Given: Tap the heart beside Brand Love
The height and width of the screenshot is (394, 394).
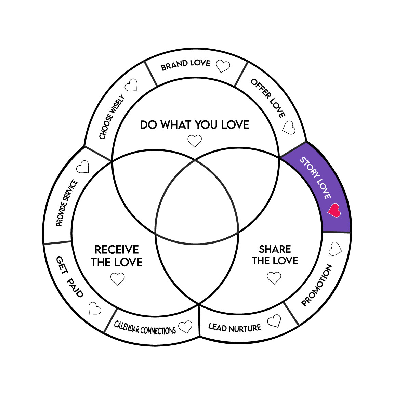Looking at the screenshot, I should click(223, 66).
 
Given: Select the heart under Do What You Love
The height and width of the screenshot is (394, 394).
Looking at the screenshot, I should click(195, 141).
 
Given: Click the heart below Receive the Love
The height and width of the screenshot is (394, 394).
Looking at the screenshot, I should click(118, 278).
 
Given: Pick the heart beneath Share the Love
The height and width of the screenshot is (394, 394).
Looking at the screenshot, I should click(274, 278).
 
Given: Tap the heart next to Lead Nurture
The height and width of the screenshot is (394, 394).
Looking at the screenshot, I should click(274, 321).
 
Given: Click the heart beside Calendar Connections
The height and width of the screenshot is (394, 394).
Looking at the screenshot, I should click(185, 327).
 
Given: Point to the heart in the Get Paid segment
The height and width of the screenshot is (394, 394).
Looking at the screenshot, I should click(94, 308).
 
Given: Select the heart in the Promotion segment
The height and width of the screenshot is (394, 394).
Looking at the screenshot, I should click(335, 249).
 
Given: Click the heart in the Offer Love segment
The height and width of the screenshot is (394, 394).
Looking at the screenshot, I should click(289, 128).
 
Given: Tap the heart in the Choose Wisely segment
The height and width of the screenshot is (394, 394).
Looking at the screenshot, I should click(131, 85).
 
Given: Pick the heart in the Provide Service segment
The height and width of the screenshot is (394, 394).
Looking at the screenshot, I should click(83, 167).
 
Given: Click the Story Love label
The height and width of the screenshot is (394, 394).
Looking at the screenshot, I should click(315, 178).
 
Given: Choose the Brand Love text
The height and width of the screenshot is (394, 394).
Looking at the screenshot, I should click(186, 65).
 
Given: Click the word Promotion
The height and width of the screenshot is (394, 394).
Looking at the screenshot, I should click(317, 285).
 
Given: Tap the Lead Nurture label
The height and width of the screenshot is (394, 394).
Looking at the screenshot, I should click(235, 328).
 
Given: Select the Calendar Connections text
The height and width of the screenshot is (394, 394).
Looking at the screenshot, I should click(145, 328).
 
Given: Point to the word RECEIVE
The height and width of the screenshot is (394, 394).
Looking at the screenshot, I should click(117, 249).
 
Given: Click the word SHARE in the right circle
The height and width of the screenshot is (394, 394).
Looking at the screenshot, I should click(275, 249).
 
